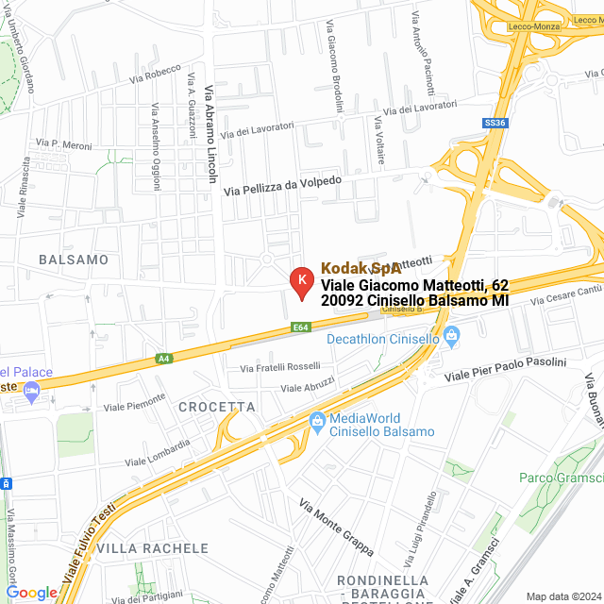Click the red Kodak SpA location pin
301,281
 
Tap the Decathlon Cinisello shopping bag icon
451,335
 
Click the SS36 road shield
495,123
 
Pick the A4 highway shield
164,359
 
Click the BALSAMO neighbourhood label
74,259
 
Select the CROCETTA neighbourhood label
216,407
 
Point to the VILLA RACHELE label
152,548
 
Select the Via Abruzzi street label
308,387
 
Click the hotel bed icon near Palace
32,392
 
